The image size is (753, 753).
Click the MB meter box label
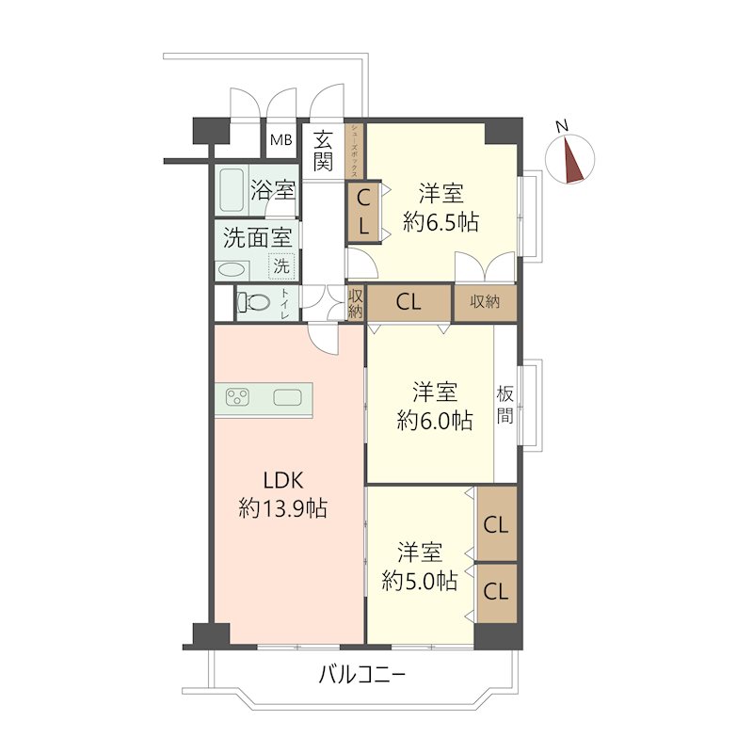[280, 140]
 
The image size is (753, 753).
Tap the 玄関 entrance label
[323, 151]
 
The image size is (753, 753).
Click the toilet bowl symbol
[253, 302]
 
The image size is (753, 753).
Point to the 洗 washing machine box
[281, 265]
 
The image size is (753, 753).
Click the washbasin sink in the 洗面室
[232, 270]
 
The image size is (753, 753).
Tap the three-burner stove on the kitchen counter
[238, 397]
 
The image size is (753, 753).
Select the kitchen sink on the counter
[288, 397]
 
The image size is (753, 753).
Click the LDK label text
[283, 480]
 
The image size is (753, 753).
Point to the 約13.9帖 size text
[283, 508]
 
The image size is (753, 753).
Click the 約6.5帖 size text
[441, 222]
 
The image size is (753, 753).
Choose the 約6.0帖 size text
[435, 420]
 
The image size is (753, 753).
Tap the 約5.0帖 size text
[419, 581]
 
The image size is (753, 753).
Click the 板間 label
[505, 405]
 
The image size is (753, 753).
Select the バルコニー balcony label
[362, 675]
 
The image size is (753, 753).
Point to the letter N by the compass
[561, 126]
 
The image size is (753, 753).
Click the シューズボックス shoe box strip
[355, 151]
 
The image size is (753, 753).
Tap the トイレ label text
[285, 303]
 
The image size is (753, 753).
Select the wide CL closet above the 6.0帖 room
[409, 302]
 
